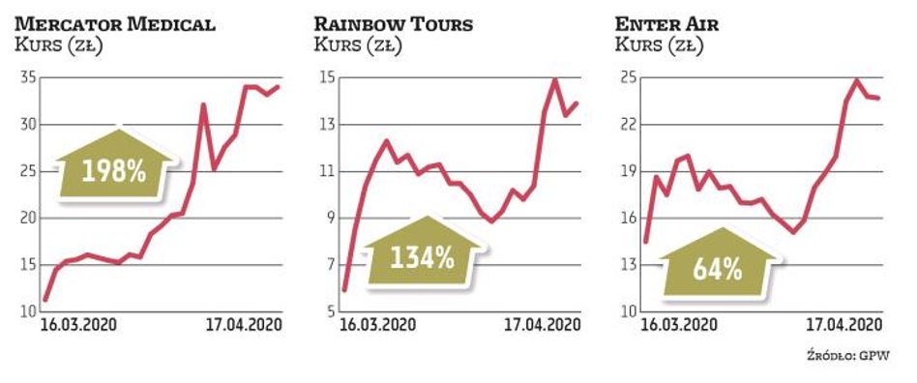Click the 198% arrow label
pos(113,172)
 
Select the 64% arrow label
pos(718,269)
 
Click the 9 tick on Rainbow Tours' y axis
pos(328,219)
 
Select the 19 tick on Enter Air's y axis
pos(626,172)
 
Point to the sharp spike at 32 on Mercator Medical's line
pos(203,104)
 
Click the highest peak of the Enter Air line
pos(857,80)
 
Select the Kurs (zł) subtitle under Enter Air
pos(656,44)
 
